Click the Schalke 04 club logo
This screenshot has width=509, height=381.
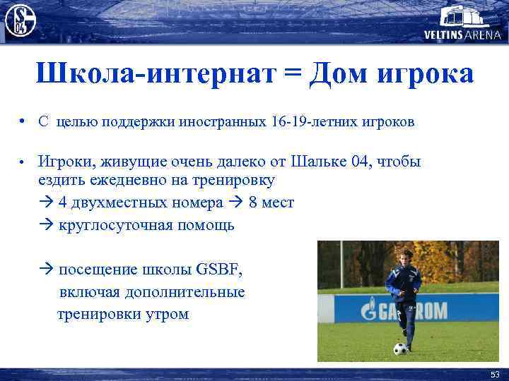coord(20,19)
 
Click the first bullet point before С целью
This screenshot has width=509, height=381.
coord(23,121)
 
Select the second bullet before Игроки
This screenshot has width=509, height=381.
coord(23,162)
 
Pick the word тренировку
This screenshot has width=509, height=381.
coord(229,181)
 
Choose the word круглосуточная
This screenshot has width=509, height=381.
coord(114,225)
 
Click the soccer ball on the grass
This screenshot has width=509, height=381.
coord(400,348)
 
